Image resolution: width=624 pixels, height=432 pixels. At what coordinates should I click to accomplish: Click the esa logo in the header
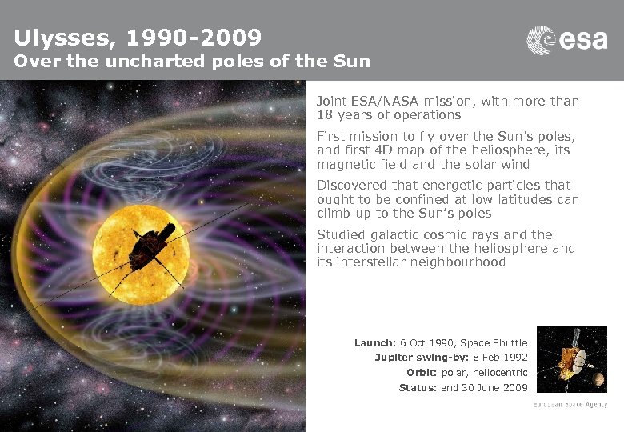566,40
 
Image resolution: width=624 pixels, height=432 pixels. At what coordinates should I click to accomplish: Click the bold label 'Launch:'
375,343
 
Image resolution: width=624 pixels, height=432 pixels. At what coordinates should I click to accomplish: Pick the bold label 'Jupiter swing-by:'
405,358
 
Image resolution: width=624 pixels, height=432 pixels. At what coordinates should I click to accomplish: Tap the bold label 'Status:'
418,388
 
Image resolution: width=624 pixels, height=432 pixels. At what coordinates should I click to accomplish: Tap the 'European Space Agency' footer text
570,405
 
